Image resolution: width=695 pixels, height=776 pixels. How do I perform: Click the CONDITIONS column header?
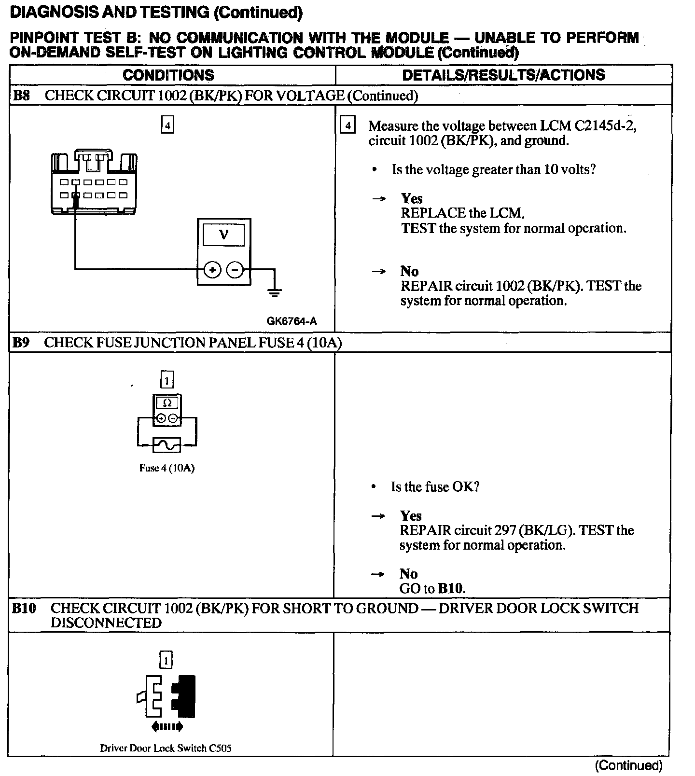[168, 75]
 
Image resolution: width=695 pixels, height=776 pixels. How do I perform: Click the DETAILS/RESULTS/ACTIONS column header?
[503, 75]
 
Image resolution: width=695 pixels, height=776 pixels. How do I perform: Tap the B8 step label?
[21, 96]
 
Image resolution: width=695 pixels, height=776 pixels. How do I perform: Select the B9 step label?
[21, 343]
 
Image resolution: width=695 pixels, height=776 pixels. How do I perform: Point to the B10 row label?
[24, 608]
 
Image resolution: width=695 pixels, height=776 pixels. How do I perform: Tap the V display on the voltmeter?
[223, 235]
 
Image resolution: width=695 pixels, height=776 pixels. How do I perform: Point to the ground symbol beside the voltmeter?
[275, 291]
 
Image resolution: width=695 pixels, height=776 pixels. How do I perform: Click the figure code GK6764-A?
[292, 321]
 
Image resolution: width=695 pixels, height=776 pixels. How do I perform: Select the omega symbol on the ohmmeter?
[167, 402]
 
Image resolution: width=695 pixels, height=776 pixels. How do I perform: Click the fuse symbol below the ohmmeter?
[167, 445]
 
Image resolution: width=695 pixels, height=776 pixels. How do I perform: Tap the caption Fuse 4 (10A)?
[167, 468]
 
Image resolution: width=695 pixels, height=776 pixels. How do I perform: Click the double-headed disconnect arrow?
[167, 726]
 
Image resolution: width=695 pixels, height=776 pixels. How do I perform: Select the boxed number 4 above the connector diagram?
[167, 126]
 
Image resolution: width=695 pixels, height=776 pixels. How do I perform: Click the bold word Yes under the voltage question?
[412, 198]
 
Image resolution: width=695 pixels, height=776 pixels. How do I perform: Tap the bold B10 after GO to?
[451, 589]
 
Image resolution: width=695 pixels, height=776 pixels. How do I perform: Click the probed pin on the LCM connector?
[75, 195]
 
